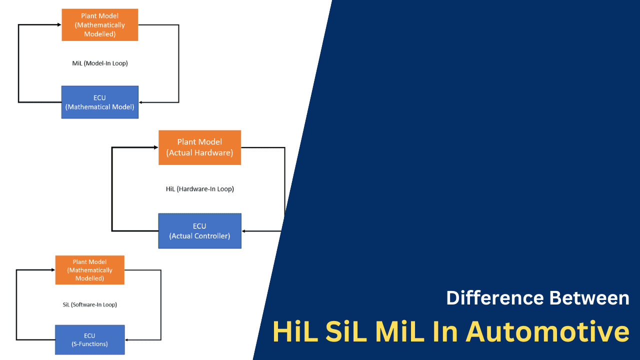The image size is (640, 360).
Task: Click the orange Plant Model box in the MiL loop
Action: [x=100, y=24]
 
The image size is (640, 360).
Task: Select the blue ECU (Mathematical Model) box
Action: [x=100, y=102]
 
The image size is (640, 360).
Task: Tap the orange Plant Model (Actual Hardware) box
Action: [x=199, y=147]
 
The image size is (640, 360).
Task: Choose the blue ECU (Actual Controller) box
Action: [x=199, y=230]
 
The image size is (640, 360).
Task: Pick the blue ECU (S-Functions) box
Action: [x=89, y=339]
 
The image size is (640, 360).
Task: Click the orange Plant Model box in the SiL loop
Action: [x=89, y=270]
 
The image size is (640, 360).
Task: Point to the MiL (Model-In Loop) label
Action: [x=100, y=63]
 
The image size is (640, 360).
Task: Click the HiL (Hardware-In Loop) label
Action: [x=199, y=189]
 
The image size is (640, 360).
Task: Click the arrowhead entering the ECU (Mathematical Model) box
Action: [x=142, y=102]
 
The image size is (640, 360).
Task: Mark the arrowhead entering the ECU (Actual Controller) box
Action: [x=245, y=231]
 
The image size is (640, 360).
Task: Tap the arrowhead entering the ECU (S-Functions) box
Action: [x=127, y=340]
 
